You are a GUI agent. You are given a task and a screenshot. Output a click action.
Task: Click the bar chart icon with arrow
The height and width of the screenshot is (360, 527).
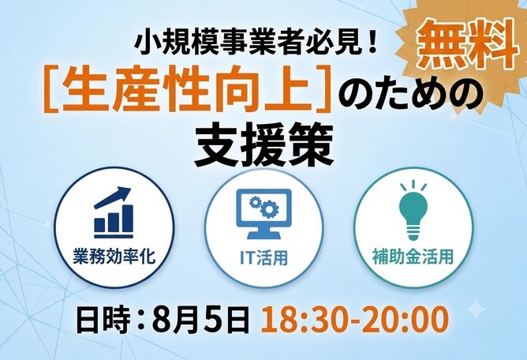[x=114, y=212]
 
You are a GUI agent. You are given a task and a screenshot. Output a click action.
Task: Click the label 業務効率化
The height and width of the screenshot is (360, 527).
[x=114, y=257]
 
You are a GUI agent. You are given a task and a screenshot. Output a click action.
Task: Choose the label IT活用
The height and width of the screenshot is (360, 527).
[x=263, y=257]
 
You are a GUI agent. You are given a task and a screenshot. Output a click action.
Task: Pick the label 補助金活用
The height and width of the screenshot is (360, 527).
[x=413, y=257]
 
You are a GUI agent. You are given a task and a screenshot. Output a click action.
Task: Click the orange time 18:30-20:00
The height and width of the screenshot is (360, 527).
[x=354, y=319]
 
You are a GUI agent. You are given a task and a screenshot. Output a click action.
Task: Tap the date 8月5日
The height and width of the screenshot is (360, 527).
[x=200, y=319]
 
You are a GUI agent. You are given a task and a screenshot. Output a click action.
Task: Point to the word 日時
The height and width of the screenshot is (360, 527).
[x=103, y=319]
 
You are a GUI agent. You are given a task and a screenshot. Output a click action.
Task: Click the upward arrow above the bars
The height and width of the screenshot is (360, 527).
[x=112, y=197]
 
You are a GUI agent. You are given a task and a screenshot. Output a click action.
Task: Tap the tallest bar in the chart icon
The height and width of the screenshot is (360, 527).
[x=127, y=219]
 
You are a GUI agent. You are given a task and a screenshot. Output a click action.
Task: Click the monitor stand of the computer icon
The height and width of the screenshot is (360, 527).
[x=264, y=233]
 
